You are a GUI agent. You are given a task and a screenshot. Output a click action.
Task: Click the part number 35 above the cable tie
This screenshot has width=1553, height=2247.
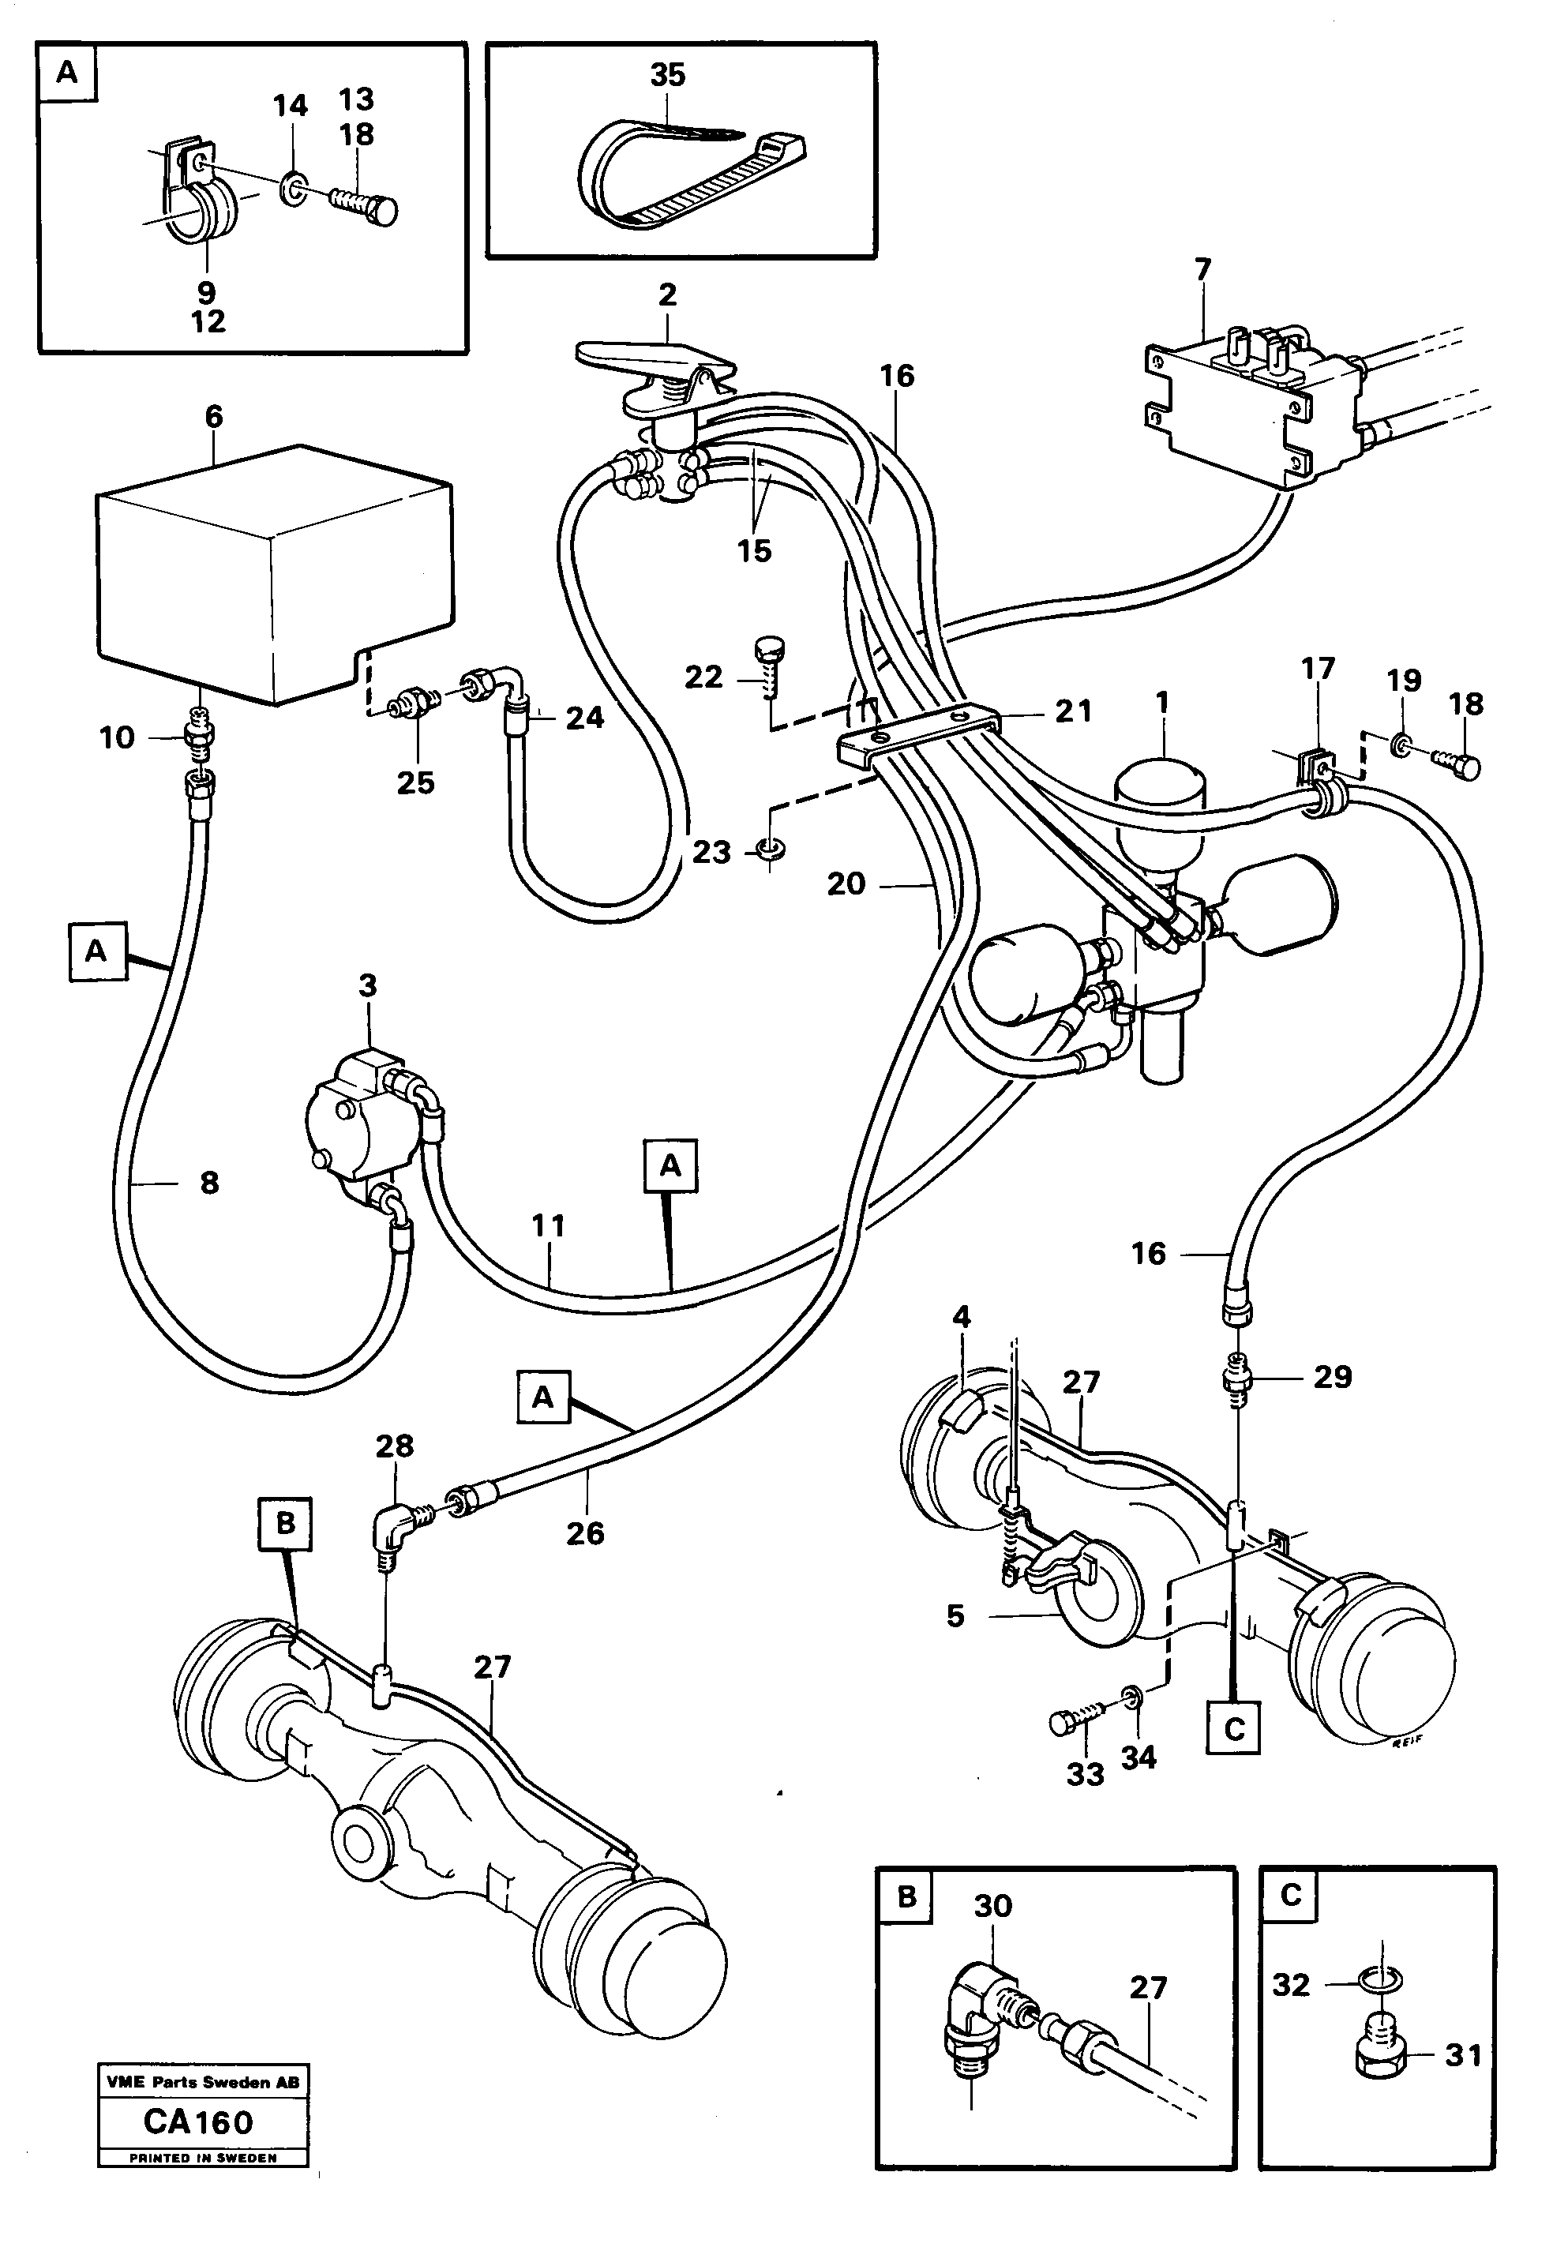tap(667, 75)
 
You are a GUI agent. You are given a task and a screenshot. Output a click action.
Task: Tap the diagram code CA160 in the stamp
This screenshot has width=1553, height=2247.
tap(198, 2122)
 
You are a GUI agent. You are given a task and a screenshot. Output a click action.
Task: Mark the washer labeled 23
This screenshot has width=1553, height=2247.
tap(769, 851)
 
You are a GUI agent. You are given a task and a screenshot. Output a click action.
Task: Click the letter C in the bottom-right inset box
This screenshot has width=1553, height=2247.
tap(1291, 1895)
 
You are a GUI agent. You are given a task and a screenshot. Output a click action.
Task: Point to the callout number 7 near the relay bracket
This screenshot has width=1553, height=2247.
tap(1204, 269)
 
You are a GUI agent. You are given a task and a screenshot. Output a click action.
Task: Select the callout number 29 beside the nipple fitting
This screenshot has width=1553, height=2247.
tap(1332, 1377)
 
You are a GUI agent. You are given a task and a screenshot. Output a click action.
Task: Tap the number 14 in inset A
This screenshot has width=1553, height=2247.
tap(290, 105)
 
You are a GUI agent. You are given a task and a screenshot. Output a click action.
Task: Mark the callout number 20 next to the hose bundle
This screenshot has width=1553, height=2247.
tap(846, 883)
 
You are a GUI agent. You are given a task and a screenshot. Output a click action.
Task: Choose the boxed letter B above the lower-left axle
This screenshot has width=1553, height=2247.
tap(285, 1523)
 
